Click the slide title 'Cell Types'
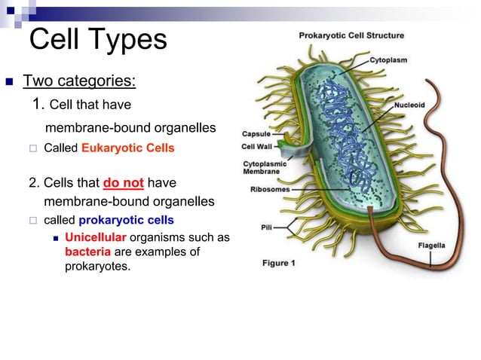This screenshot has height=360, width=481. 97,39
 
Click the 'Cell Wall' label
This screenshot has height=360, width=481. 257,147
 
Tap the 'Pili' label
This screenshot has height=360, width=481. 267,227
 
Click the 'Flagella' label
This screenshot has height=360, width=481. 431,246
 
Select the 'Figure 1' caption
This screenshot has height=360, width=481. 280,263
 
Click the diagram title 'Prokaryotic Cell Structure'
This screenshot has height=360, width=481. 351,35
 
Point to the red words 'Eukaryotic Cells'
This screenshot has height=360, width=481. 127,148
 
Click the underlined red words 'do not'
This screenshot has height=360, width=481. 123,183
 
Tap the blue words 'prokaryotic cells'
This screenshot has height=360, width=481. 126,220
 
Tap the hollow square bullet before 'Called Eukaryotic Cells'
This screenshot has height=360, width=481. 32,149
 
